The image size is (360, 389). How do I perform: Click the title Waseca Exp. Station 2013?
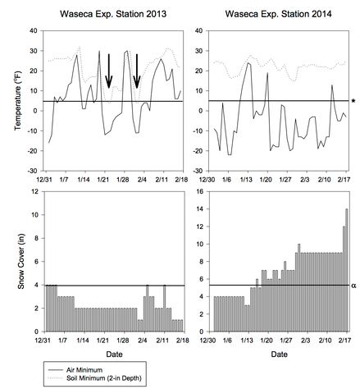tap(113, 14)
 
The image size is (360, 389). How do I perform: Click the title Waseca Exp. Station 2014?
tap(278, 14)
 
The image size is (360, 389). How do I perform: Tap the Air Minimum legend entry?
tap(84, 370)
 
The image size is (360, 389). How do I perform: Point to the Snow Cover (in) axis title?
tap(21, 262)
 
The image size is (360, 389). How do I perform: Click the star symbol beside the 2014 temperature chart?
tap(353, 101)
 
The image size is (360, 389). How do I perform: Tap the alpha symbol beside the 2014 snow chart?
tap(353, 286)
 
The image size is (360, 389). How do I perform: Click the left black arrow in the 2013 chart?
tap(109, 71)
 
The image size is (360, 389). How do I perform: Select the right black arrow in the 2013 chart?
tap(137, 71)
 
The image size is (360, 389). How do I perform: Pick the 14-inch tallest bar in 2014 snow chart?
tap(347, 270)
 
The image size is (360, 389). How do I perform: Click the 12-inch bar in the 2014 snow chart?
tap(344, 279)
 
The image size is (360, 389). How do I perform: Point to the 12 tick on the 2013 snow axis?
tap(35, 191)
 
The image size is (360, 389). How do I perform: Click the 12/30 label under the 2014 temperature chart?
tap(208, 180)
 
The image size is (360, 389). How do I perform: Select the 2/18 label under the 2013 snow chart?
tap(182, 341)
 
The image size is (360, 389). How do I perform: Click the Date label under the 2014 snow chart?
tap(279, 355)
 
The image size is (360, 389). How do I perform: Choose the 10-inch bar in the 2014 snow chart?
tap(299, 287)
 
